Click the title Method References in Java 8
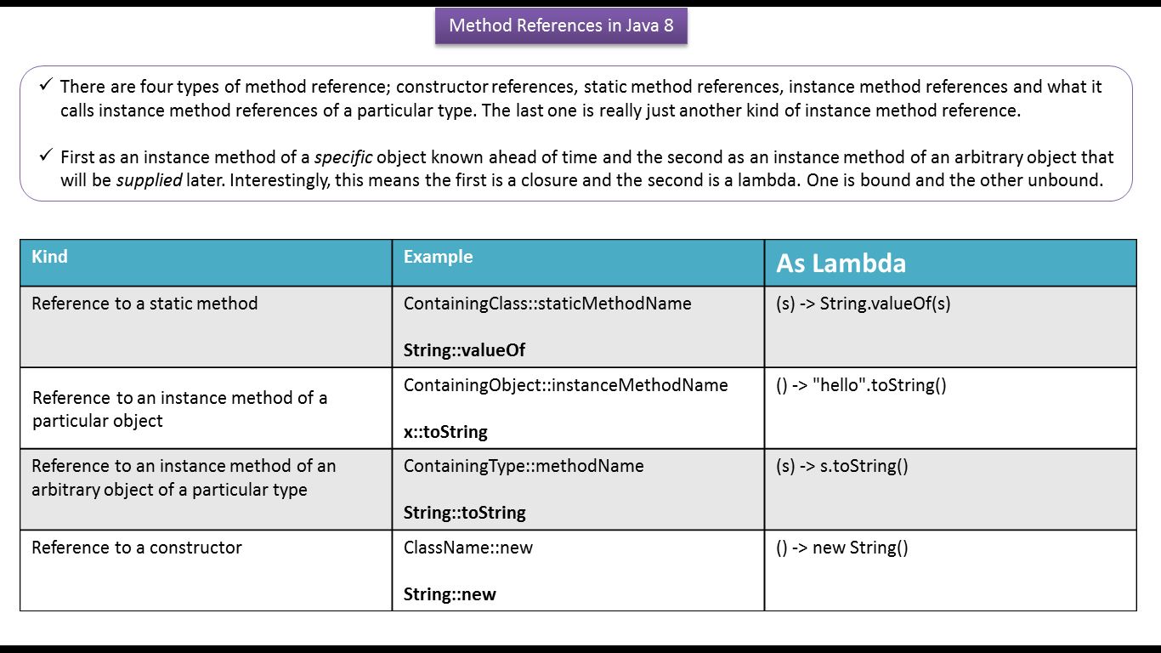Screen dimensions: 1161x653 click(561, 26)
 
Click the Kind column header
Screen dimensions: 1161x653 click(49, 257)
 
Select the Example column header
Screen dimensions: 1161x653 click(438, 257)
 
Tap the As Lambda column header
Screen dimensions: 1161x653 click(841, 263)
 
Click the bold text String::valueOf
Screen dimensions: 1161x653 click(464, 350)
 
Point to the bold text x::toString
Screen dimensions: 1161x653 click(445, 432)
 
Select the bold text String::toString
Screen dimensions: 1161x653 click(464, 513)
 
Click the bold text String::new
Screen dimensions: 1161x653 click(450, 594)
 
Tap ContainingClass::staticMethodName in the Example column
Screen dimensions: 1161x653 click(547, 304)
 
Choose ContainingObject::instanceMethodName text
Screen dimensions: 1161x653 click(565, 385)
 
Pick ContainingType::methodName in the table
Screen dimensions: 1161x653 click(524, 466)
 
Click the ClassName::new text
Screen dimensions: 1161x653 click(468, 548)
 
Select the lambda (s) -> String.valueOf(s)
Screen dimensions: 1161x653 click(863, 304)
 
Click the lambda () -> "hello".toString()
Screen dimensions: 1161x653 click(861, 385)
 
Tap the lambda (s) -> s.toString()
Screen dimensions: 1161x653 click(841, 466)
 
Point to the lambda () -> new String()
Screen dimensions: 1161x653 click(841, 548)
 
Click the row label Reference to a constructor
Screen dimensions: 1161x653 click(137, 548)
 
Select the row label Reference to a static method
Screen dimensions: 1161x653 click(144, 304)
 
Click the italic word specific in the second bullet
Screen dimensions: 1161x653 click(343, 157)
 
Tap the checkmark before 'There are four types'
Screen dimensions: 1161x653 click(46, 85)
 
